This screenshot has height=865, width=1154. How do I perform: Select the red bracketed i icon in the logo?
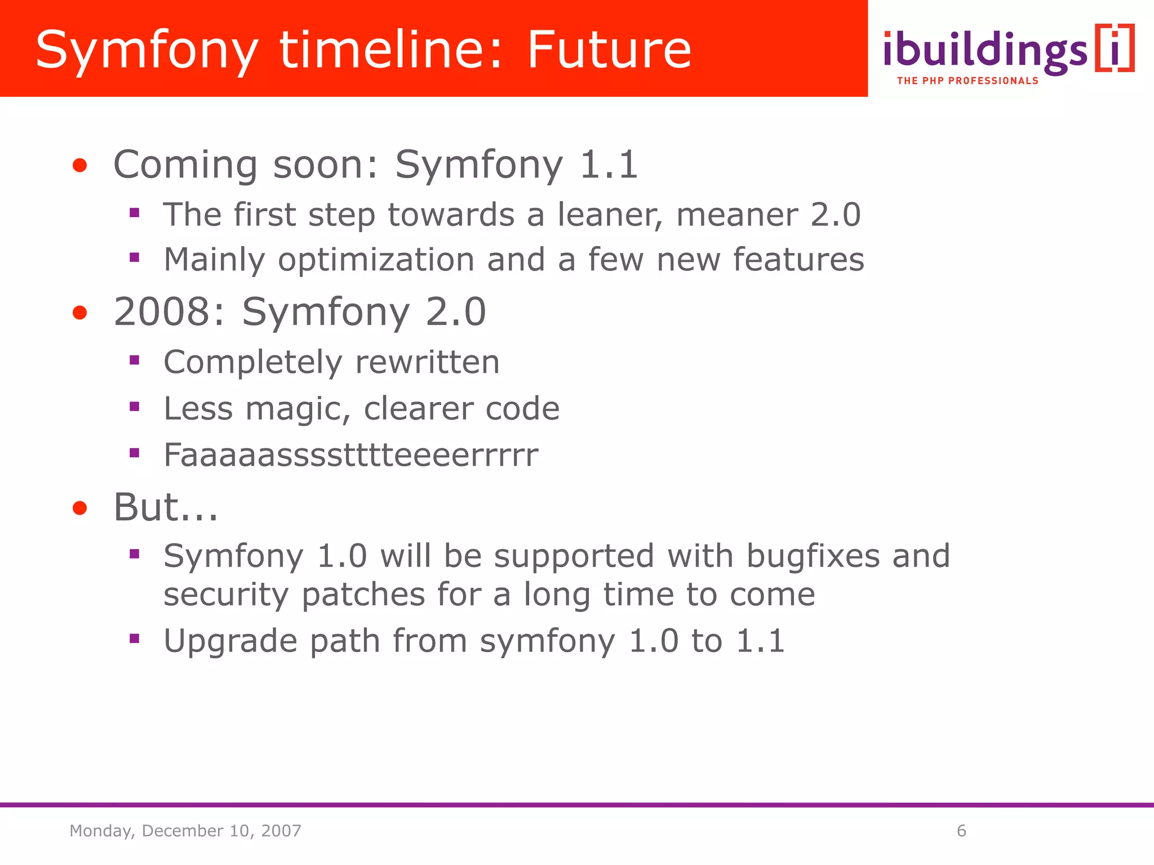[x=1115, y=48]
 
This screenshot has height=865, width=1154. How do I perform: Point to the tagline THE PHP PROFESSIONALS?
[x=967, y=81]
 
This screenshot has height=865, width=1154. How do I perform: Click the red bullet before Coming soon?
[x=80, y=166]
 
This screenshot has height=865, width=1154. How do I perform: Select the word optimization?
[x=376, y=260]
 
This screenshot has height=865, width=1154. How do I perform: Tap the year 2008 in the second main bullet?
[x=169, y=312]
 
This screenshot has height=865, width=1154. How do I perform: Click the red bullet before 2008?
[x=80, y=313]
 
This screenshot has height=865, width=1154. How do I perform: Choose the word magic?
[x=298, y=409]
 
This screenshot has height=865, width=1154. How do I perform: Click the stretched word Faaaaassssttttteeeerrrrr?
[x=350, y=455]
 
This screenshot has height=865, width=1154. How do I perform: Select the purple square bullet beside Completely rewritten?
[x=134, y=360]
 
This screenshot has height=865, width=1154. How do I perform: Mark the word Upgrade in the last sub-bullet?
[x=230, y=641]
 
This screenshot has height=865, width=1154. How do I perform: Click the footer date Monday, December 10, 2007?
[x=185, y=831]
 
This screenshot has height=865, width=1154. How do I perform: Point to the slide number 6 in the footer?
[x=961, y=831]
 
